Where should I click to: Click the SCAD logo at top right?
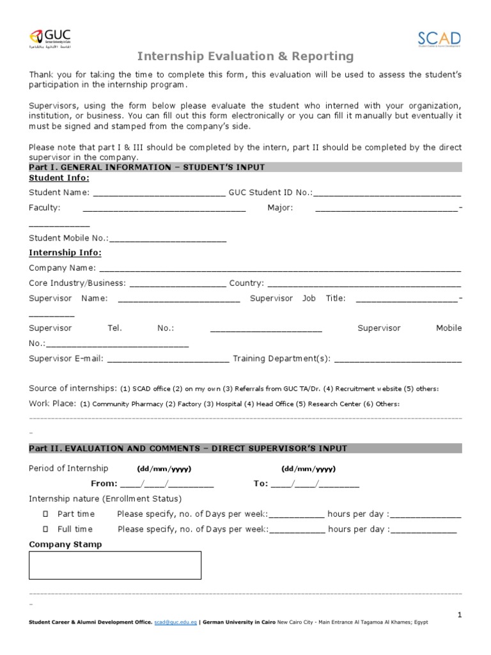coord(439,39)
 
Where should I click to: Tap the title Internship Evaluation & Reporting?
coord(245,56)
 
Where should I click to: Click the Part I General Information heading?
coord(147,167)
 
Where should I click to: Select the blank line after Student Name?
coord(159,193)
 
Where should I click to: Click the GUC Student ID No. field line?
coord(387,193)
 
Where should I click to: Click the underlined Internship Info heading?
coord(65,253)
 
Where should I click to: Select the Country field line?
coord(364,284)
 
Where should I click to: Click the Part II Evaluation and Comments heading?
coord(189,448)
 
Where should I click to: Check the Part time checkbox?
coord(45,514)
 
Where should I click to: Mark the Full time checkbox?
coord(45,530)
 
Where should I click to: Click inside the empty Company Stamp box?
coord(115,565)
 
